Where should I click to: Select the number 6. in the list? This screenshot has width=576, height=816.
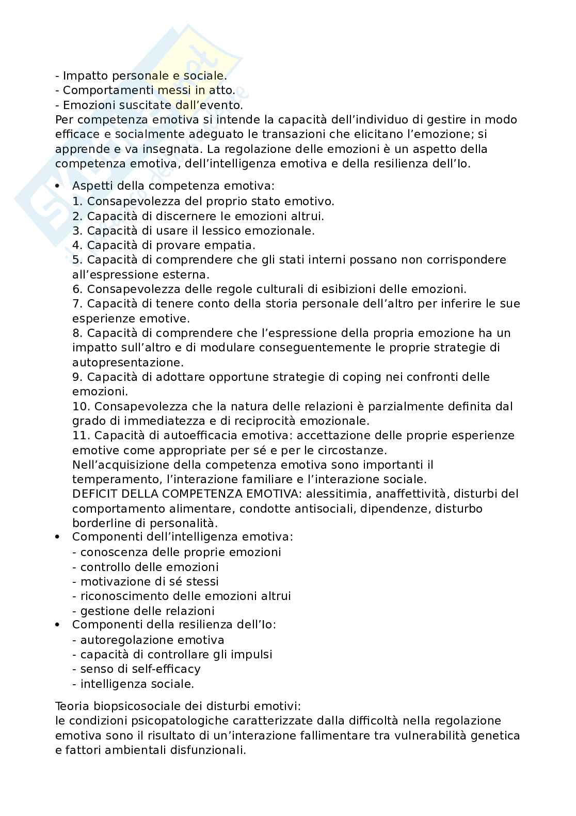[77, 289]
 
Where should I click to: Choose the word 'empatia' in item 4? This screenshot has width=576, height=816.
[232, 245]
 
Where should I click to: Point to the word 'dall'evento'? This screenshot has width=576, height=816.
[212, 105]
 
